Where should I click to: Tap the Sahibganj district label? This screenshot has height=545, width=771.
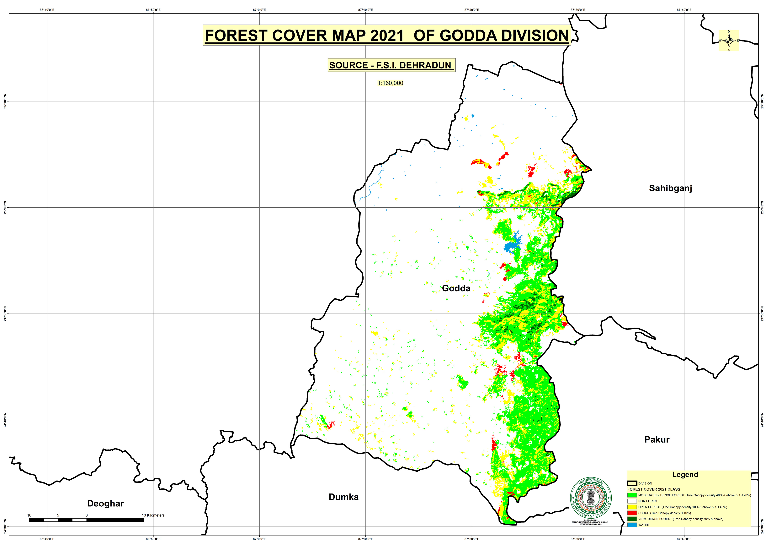670,188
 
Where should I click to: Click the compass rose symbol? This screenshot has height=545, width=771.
728,41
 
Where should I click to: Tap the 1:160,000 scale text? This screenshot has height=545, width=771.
390,83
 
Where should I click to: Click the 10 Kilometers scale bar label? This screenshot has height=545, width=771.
153,515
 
